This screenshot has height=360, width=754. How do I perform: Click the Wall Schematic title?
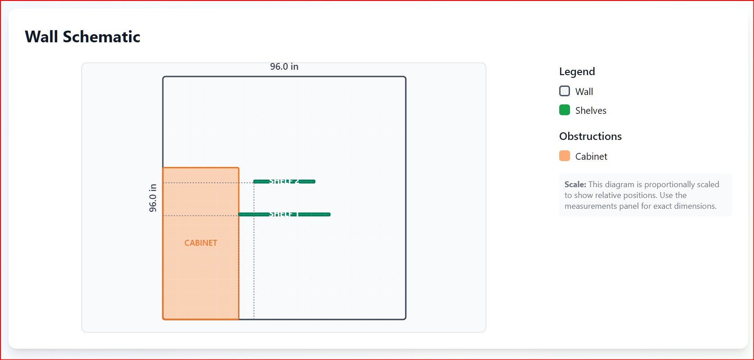[x=82, y=37]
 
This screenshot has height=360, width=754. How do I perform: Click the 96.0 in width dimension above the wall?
[x=284, y=67]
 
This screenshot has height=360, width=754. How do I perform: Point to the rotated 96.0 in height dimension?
[x=153, y=198]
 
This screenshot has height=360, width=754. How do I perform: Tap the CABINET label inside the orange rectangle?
[x=201, y=243]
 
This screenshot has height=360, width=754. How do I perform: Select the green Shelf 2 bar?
[x=284, y=181]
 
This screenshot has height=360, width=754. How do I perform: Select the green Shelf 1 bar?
[x=284, y=214]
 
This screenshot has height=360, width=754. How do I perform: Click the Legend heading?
[x=577, y=72]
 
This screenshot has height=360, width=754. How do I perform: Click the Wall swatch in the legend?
[x=565, y=91]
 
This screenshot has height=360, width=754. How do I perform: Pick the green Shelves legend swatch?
[x=565, y=110]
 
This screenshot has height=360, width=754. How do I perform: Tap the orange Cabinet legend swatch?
[x=565, y=156]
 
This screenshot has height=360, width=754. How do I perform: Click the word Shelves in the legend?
[x=591, y=111]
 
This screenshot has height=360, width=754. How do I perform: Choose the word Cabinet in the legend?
[x=591, y=157]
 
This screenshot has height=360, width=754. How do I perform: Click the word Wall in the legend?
[x=584, y=92]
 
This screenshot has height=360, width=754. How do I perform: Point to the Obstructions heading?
[x=590, y=136]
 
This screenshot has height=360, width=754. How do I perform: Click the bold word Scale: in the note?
[x=575, y=184]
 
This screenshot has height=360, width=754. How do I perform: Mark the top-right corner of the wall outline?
[x=405, y=77]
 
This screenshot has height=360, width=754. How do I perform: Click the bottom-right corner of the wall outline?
[x=405, y=319]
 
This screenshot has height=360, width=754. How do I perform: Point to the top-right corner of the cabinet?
[x=238, y=168]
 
